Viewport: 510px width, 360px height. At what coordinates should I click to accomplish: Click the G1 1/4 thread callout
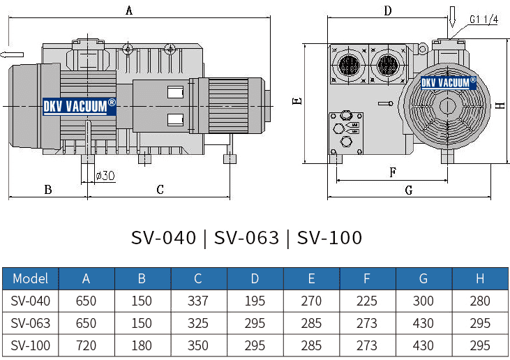click(x=483, y=20)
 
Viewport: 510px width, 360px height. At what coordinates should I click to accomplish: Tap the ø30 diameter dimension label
click(x=105, y=175)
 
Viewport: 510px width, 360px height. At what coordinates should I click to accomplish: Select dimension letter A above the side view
click(x=129, y=10)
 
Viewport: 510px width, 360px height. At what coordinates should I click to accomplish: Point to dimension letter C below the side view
click(x=160, y=189)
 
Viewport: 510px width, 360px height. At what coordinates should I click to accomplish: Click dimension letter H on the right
click(x=500, y=105)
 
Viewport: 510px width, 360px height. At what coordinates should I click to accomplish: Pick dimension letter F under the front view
click(x=393, y=172)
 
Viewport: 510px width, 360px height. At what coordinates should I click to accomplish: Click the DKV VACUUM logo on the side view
click(x=80, y=105)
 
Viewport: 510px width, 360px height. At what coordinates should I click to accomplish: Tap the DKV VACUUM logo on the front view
click(x=449, y=82)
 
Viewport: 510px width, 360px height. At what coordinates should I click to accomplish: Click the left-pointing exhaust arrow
click(x=12, y=54)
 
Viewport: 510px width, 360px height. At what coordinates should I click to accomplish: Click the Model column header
click(x=30, y=278)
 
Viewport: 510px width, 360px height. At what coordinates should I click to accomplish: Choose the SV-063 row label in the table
click(x=30, y=323)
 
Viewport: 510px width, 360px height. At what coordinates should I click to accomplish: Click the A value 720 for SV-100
click(x=86, y=345)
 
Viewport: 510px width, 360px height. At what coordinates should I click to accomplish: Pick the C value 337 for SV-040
click(x=198, y=301)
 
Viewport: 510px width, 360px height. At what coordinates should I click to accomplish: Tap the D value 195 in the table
click(x=255, y=301)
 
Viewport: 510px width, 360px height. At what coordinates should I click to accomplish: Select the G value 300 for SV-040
click(x=423, y=301)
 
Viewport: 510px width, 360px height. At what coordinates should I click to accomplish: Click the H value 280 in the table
click(x=479, y=301)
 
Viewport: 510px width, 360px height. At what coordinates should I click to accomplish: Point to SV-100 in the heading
click(x=329, y=238)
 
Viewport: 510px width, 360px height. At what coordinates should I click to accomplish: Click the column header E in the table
click(x=311, y=278)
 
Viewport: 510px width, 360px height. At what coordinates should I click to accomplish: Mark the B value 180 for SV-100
click(x=142, y=345)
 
